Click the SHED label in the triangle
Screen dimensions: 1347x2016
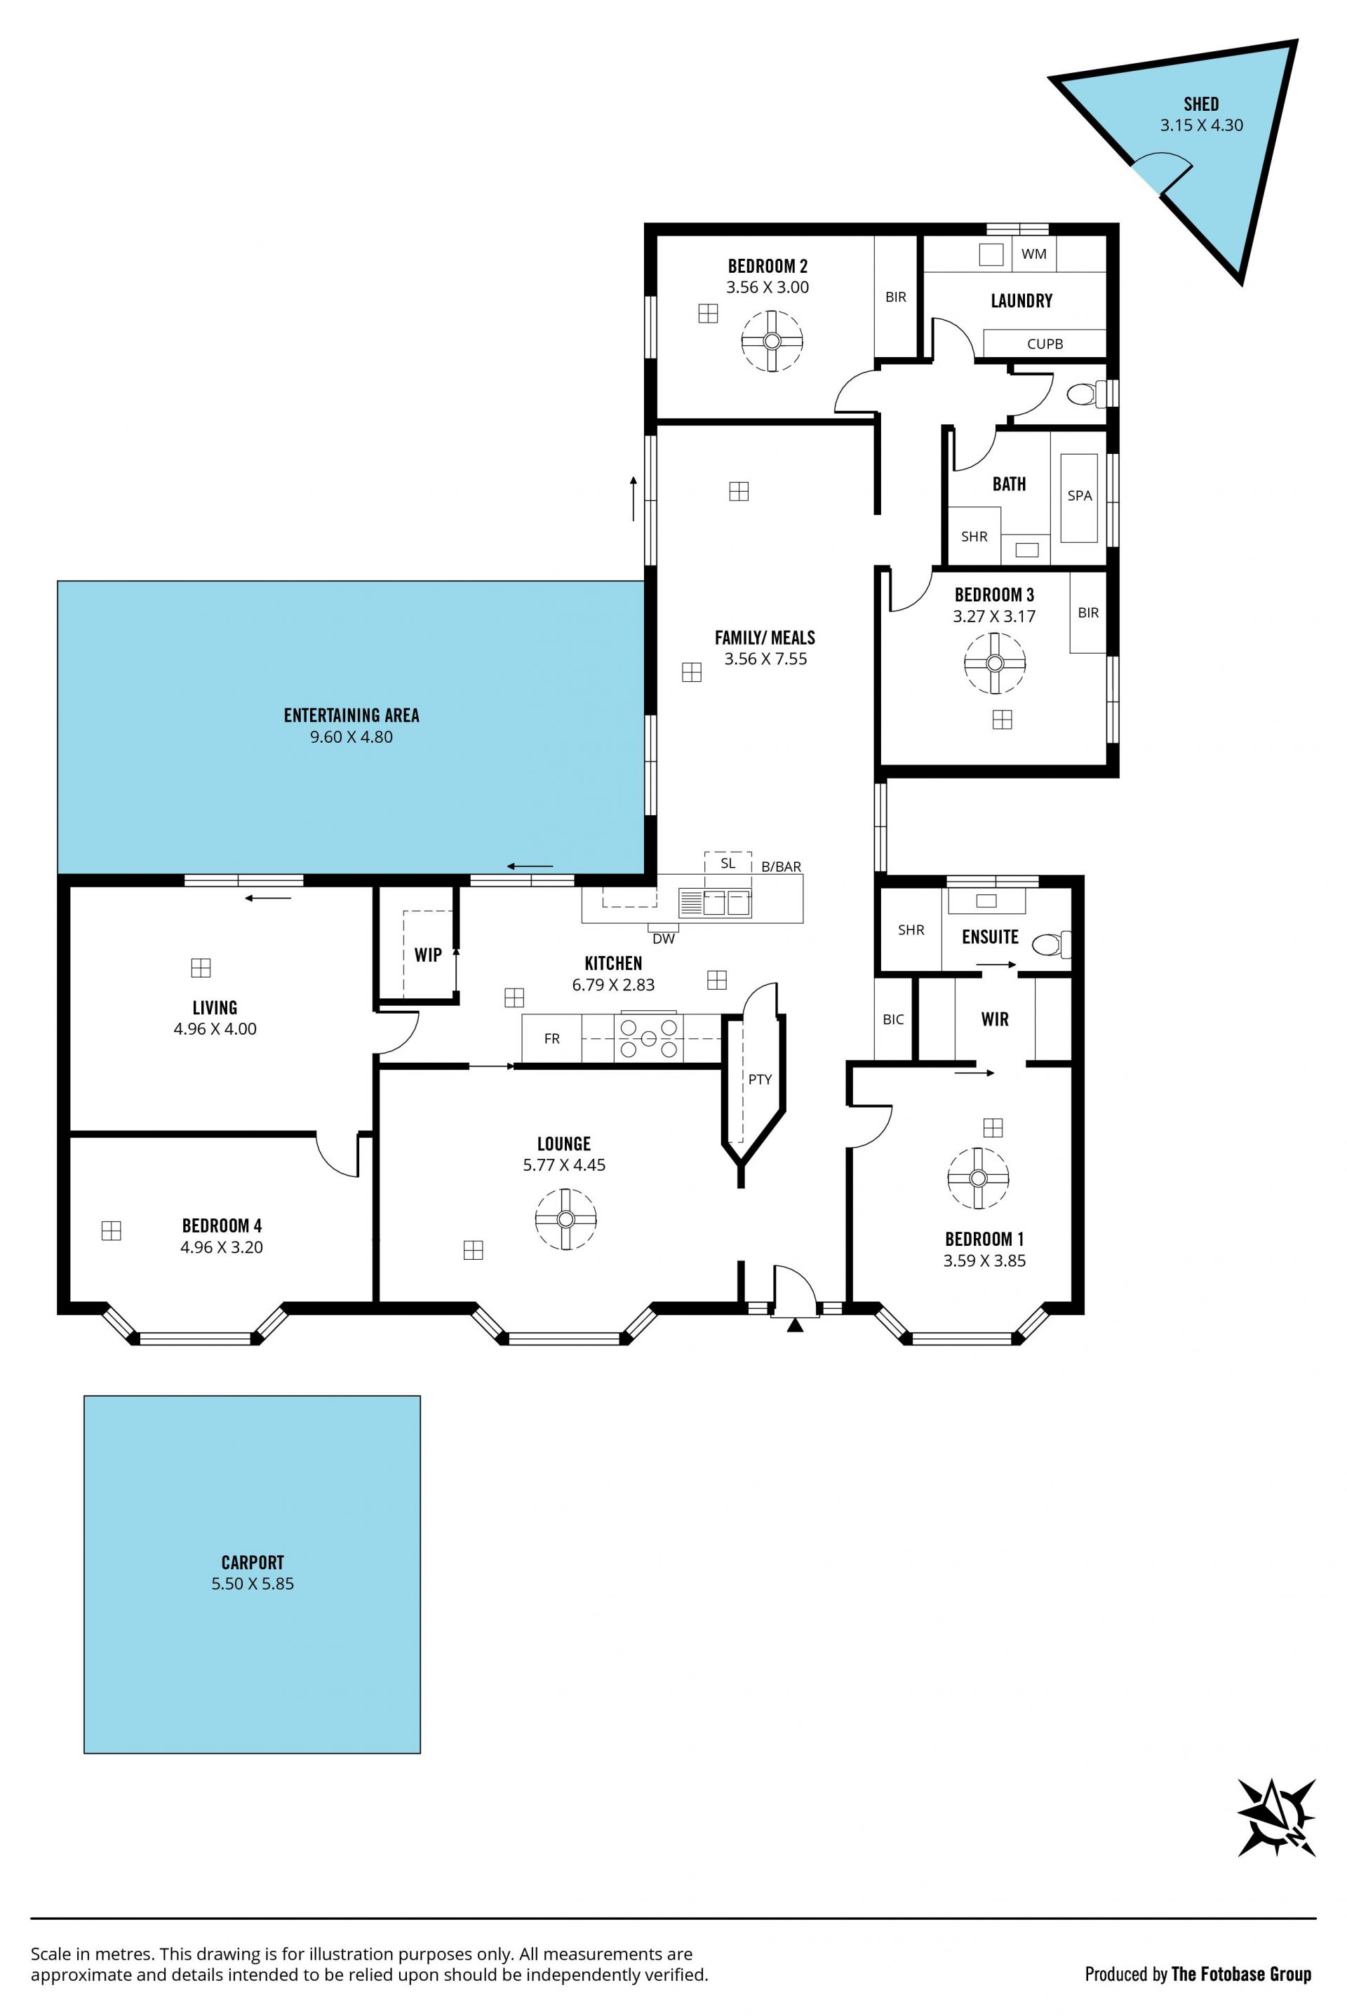point(1201,104)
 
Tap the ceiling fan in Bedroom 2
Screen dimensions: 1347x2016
point(772,341)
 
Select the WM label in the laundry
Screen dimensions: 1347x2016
point(1034,254)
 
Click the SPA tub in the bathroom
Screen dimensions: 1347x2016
point(1079,497)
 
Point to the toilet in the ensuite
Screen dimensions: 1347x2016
point(1051,945)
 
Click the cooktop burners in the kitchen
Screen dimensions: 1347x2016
point(648,1038)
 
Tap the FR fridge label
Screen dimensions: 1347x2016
point(551,1038)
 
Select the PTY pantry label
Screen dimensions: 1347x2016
point(759,1079)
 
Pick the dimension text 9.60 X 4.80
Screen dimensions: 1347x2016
point(351,737)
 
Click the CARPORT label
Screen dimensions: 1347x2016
point(253,1562)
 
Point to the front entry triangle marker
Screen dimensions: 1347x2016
point(795,1325)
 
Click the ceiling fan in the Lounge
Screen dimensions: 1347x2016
point(565,1219)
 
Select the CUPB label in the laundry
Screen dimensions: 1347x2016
point(1045,344)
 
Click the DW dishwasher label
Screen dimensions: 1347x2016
point(663,939)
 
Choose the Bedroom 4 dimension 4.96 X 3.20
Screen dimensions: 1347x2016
point(222,1247)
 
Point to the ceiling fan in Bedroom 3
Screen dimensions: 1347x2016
point(995,663)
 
